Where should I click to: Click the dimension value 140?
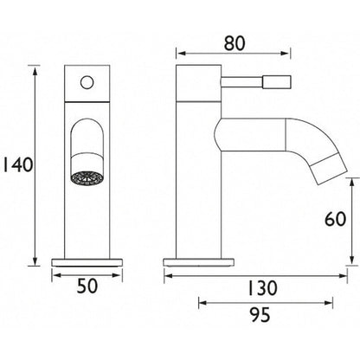(x=18, y=165)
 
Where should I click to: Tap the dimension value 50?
(x=87, y=286)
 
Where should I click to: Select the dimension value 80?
(x=235, y=43)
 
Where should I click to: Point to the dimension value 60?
(x=335, y=219)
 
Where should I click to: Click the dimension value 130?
(x=262, y=288)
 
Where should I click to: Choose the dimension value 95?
(x=260, y=315)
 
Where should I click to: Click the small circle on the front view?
(x=87, y=82)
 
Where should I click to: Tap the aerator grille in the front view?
(x=87, y=177)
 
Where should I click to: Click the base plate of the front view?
(x=87, y=262)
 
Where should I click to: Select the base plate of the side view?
(x=199, y=262)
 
